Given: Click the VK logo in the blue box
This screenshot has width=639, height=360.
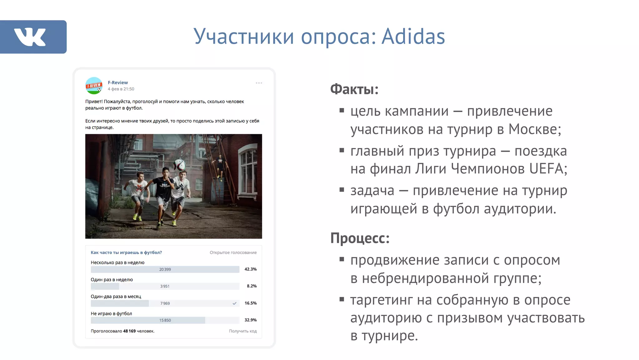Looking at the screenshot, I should pyautogui.click(x=30, y=37).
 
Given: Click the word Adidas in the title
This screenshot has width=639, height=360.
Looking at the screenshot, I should pyautogui.click(x=413, y=37).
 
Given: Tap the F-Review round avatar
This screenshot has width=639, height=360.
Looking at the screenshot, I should pyautogui.click(x=94, y=86).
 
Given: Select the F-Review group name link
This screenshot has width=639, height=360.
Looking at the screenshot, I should pyautogui.click(x=118, y=82).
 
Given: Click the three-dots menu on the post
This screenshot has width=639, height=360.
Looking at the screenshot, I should pyautogui.click(x=259, y=83).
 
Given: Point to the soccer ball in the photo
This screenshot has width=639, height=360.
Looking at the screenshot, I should pyautogui.click(x=179, y=165).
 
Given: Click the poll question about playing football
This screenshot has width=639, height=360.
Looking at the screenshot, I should pyautogui.click(x=126, y=252).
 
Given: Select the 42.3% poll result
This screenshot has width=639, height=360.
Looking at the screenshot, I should pyautogui.click(x=250, y=269).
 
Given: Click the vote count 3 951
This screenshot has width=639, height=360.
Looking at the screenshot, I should pyautogui.click(x=165, y=286).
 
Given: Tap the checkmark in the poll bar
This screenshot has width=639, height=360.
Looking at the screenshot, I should pyautogui.click(x=234, y=303).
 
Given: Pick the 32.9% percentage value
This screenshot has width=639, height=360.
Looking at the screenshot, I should pyautogui.click(x=250, y=320).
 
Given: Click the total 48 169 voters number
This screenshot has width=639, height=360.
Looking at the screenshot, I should pyautogui.click(x=129, y=331).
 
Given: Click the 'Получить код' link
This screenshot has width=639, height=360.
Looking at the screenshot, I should pyautogui.click(x=242, y=331).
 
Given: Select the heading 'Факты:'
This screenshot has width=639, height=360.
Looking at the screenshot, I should pyautogui.click(x=354, y=89).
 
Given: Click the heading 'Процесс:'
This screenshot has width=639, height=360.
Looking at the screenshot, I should pyautogui.click(x=360, y=238).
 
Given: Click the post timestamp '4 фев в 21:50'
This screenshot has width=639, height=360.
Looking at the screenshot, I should pyautogui.click(x=121, y=89).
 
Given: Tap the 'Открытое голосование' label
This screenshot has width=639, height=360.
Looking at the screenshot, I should pyautogui.click(x=233, y=253).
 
